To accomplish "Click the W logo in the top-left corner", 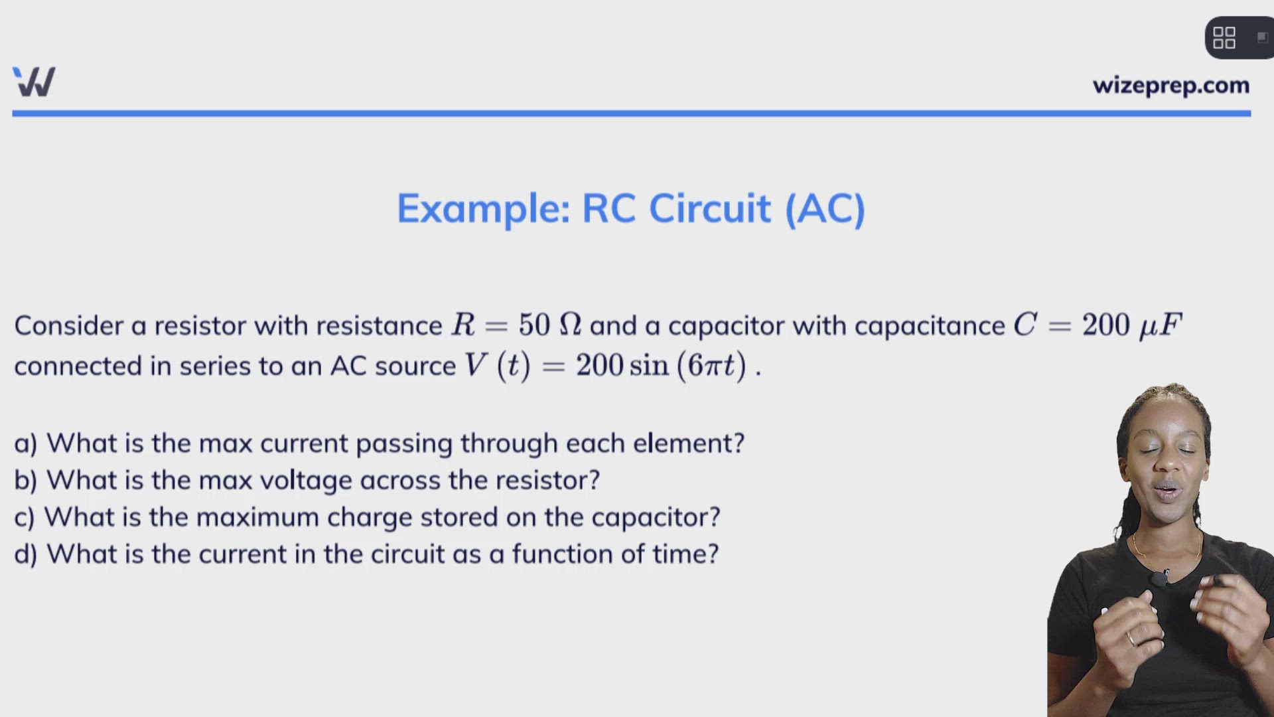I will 34,82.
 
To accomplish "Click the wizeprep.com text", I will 1171,86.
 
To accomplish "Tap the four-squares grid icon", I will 1224,38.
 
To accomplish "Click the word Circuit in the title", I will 709,208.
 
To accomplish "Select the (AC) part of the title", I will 825,209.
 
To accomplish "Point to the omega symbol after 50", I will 570,325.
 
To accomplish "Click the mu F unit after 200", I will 1161,326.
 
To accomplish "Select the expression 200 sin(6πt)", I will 661,366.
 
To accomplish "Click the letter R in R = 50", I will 463,325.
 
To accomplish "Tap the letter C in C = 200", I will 1025,325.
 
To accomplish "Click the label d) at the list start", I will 26,554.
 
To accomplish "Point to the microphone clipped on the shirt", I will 1159,578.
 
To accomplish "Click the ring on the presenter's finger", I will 1131,639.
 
